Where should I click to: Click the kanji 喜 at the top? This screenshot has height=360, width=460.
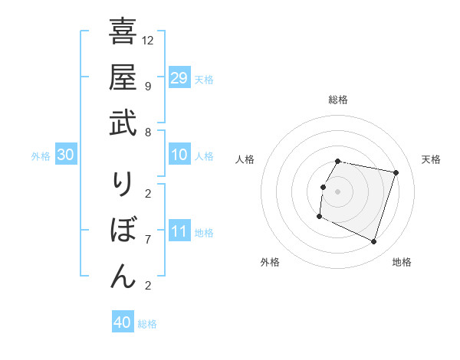point(123,33)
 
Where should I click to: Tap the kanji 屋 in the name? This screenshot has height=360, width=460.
point(123,78)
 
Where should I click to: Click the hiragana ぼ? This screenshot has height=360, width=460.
point(123,231)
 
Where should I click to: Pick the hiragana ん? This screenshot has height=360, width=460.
point(123,277)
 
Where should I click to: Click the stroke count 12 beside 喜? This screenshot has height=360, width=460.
point(148,40)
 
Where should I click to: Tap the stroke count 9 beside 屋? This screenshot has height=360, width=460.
point(148,86)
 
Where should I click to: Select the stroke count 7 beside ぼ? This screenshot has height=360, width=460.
point(148,239)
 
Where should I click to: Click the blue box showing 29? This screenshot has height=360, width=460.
point(179,78)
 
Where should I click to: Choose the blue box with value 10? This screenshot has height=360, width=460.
point(179,155)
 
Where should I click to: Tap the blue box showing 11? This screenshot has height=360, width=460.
point(179,231)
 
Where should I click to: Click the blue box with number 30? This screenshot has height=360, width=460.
point(65,155)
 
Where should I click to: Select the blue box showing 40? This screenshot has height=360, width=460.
point(123,322)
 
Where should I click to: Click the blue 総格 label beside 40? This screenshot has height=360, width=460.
point(147,324)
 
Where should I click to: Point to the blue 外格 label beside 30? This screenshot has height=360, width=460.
point(41,156)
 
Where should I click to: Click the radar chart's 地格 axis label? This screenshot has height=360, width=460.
point(402,262)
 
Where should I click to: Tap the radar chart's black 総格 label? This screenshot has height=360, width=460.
point(338,100)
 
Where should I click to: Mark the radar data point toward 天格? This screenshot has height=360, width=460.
point(396,173)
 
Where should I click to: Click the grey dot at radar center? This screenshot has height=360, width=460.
point(338,191)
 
